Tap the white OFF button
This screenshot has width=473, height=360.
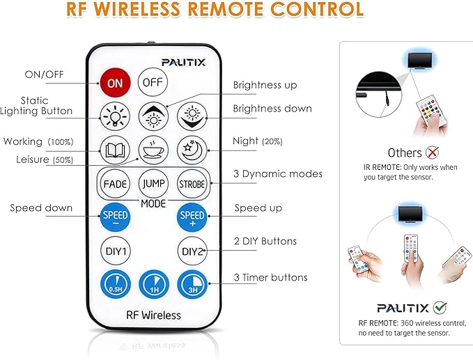coord(153,82)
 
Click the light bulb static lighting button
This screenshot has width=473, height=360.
coord(115,117)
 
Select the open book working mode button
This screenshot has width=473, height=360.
coord(115,150)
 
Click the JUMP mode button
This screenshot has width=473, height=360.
coord(153,184)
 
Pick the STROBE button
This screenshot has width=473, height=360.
coord(192,184)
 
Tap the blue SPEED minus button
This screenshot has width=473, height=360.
coord(115,217)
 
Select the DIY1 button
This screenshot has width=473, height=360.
coord(116,251)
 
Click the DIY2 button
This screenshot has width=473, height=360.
coord(192,251)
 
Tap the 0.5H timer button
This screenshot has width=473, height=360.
coord(116,284)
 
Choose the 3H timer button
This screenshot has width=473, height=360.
coord(193,284)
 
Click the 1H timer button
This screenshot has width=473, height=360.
coord(154,284)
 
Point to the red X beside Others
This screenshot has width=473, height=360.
coord(433,152)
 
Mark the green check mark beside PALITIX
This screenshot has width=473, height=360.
coord(440,308)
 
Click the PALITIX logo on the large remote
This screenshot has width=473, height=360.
coord(183,63)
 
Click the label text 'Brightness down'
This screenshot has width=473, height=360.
coord(272,109)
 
